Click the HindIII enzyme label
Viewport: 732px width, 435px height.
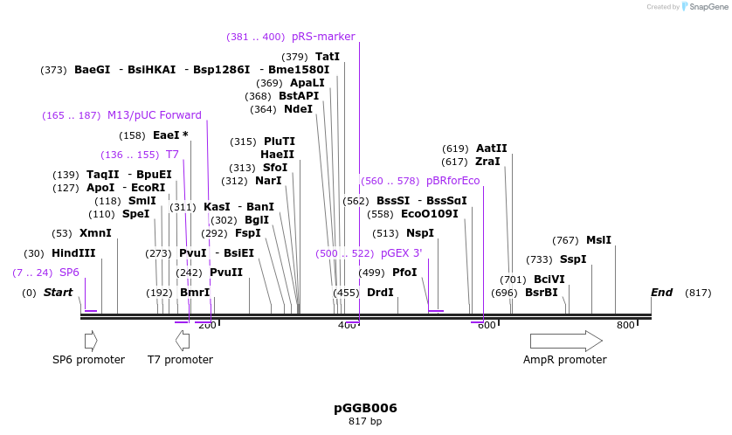click(x=73, y=253)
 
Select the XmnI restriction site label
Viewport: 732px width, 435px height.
click(x=95, y=233)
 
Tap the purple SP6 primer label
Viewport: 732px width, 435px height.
click(x=69, y=273)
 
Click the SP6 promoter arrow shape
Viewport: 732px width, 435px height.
click(x=91, y=341)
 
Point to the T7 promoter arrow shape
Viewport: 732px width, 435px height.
click(x=183, y=341)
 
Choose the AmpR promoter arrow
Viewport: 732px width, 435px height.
click(x=566, y=341)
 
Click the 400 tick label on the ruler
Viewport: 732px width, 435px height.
click(x=347, y=326)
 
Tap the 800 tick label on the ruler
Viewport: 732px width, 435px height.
click(x=626, y=326)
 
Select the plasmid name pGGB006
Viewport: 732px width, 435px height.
click(x=365, y=408)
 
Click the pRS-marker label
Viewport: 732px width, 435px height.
click(x=323, y=37)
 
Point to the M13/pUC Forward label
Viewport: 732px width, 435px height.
click(x=155, y=115)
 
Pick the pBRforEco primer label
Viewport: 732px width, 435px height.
click(x=452, y=181)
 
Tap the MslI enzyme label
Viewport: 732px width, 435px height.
click(x=598, y=240)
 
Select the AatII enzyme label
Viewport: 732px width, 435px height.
click(x=491, y=148)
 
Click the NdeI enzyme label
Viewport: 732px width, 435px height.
click(x=298, y=109)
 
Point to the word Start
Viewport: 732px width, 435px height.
click(x=59, y=293)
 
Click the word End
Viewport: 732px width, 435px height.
click(x=661, y=293)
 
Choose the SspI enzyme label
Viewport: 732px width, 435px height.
click(x=573, y=259)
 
